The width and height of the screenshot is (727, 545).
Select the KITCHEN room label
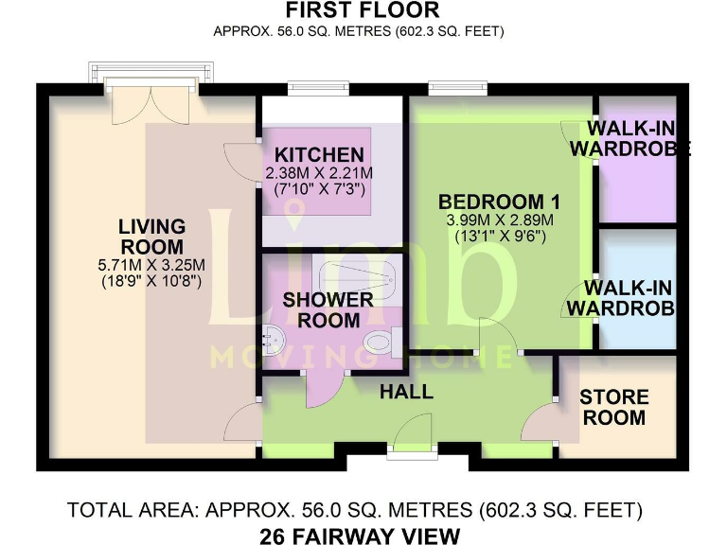pyautogui.click(x=319, y=155)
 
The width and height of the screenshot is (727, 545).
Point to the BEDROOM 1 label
pyautogui.click(x=499, y=202)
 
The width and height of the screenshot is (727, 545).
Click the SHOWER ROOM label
pyautogui.click(x=328, y=310)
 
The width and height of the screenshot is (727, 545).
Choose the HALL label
pyautogui.click(x=407, y=391)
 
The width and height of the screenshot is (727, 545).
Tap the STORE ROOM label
pyautogui.click(x=614, y=407)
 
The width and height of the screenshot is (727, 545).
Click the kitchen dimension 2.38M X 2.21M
pyautogui.click(x=319, y=174)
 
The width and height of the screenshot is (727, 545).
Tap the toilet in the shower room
pyautogui.click(x=379, y=342)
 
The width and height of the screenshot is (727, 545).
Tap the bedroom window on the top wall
pyautogui.click(x=458, y=89)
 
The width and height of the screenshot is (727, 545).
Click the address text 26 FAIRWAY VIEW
pyautogui.click(x=360, y=536)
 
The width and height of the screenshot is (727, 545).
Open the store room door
pyautogui.click(x=541, y=421)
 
